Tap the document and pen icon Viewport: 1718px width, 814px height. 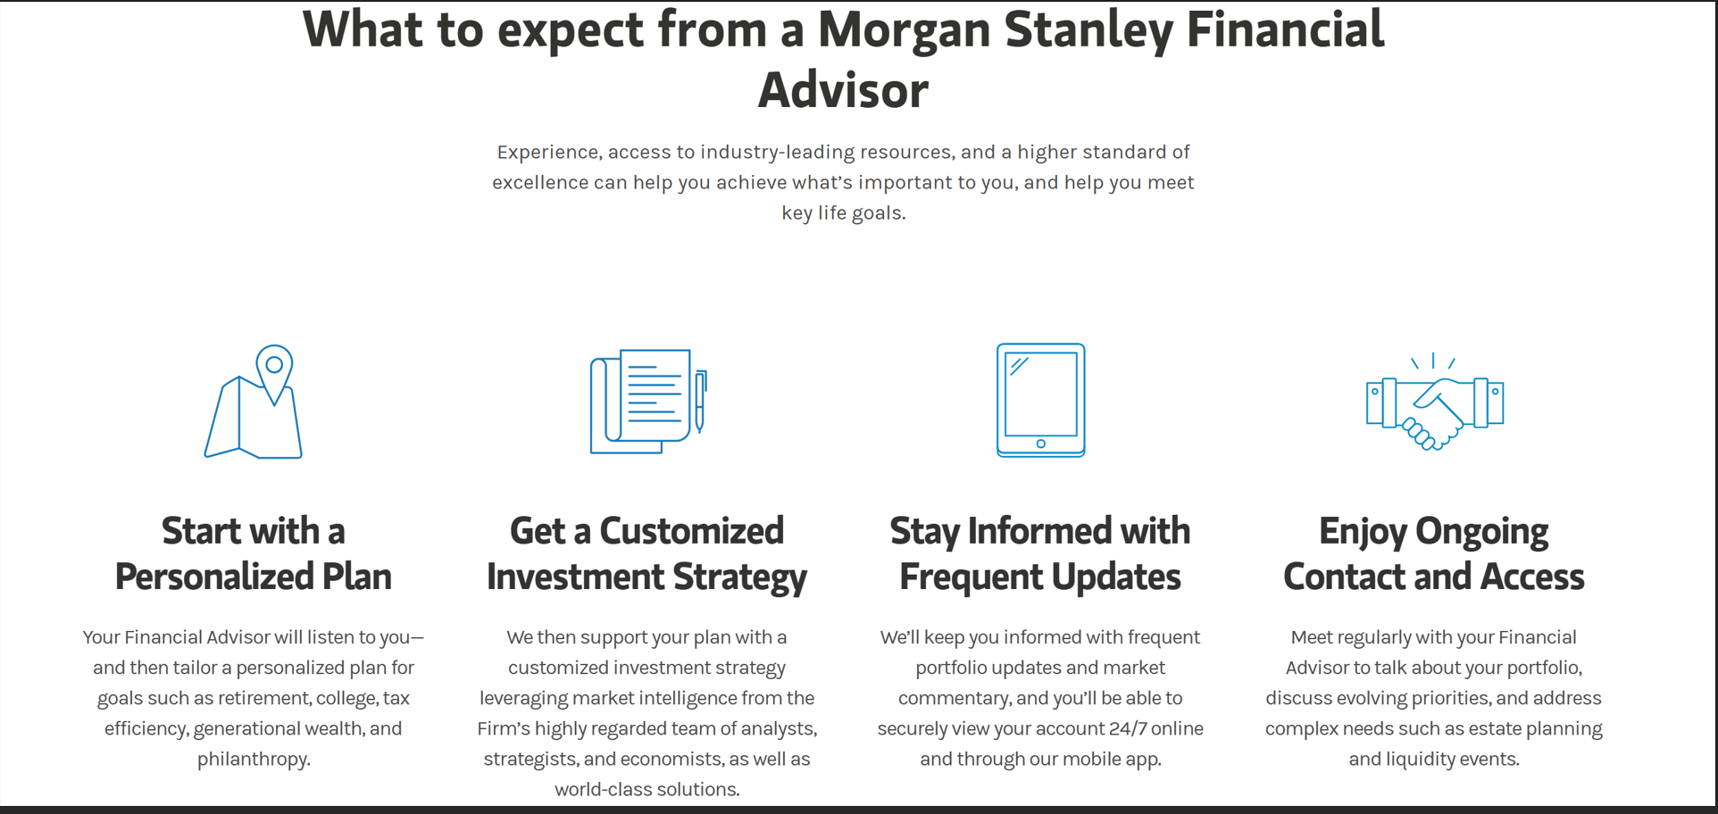(x=649, y=401)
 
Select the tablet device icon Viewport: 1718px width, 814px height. (x=1041, y=400)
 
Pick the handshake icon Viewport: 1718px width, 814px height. (x=1435, y=402)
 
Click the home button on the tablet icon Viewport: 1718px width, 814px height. (x=1041, y=444)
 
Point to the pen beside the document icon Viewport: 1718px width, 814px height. (x=701, y=402)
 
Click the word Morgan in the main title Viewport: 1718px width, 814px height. (x=904, y=29)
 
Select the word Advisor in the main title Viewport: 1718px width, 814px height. (x=844, y=90)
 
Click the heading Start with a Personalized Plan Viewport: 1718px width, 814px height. (x=254, y=553)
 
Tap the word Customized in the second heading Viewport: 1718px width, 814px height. (x=692, y=531)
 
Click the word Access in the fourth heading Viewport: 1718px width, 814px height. (x=1532, y=577)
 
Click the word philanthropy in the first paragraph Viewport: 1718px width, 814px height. (x=252, y=760)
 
